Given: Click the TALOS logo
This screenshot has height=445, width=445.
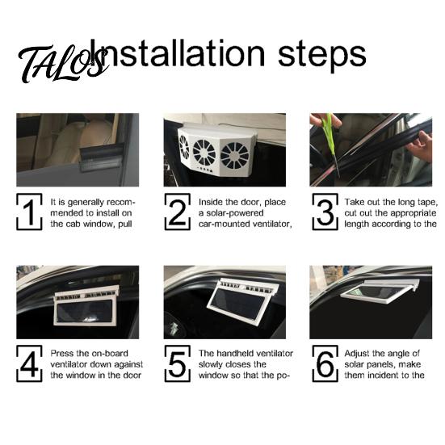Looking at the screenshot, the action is [63, 63].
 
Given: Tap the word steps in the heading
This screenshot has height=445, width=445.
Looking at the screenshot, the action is [321, 57].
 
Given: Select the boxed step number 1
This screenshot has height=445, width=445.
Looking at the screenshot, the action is [29, 212].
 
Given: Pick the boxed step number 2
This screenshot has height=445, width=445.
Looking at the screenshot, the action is [178, 212].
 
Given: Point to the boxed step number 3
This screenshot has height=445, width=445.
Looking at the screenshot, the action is [325, 212].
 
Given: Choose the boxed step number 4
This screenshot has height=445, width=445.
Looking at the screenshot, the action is [29, 363].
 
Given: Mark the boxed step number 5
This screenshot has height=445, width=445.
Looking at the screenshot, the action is [178, 363].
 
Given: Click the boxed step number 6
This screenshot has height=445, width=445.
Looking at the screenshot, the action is [325, 363].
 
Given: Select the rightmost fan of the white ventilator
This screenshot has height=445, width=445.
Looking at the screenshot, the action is [234, 156].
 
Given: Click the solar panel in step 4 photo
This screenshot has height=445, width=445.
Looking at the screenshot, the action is [85, 311].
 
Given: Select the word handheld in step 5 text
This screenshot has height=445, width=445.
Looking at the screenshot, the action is [233, 353].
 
